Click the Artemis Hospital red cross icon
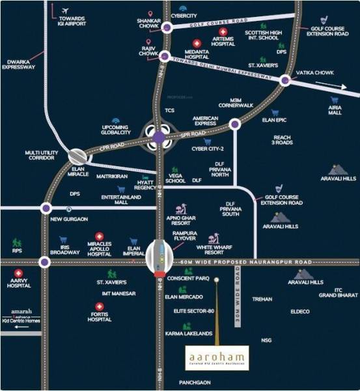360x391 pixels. tap(223, 31)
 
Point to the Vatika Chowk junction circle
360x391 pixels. tap(285, 80)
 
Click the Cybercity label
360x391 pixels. tap(184, 15)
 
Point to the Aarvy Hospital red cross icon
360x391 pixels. tap(19, 273)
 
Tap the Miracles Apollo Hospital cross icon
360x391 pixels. tap(99, 237)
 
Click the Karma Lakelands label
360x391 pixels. tap(189, 333)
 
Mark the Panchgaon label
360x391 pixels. tap(196, 383)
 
